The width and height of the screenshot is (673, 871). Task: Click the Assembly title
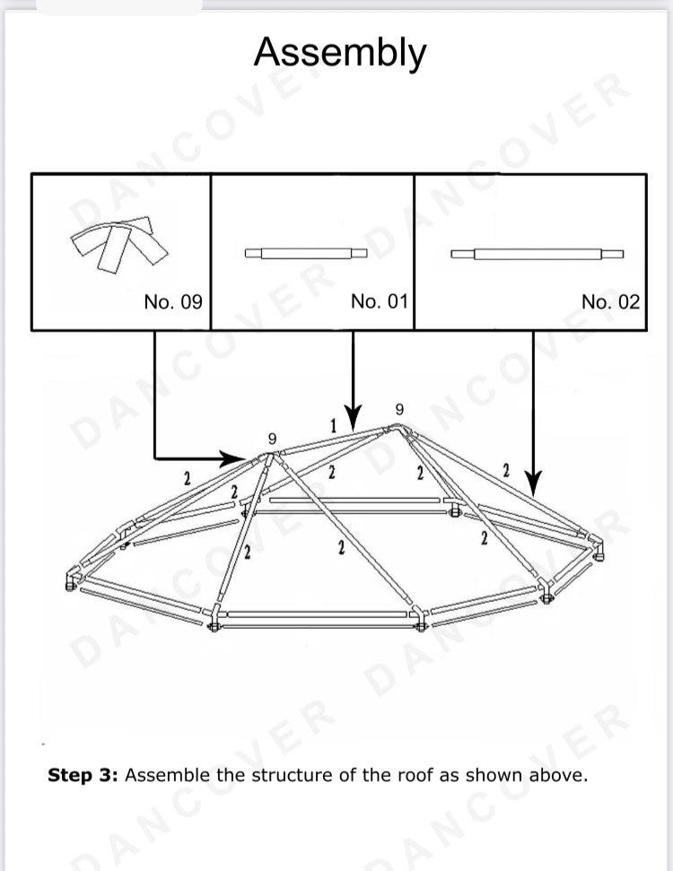(340, 53)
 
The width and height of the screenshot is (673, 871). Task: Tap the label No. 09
(173, 302)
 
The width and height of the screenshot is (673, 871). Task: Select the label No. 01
(380, 301)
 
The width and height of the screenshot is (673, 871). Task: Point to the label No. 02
(611, 302)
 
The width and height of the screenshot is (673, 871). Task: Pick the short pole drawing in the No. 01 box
(306, 253)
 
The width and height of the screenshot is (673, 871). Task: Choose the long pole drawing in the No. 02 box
(537, 255)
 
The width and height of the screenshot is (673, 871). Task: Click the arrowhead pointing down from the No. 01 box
(353, 418)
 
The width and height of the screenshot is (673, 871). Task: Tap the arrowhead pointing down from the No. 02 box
(533, 483)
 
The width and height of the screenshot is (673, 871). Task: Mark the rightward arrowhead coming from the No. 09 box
(232, 459)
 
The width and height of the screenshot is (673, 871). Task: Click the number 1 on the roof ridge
(334, 426)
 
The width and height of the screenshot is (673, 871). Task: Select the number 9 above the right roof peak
(399, 410)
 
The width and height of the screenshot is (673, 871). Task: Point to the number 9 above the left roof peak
(272, 439)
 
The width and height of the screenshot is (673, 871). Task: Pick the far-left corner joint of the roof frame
(72, 578)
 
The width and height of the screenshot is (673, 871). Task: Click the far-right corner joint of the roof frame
(597, 547)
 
